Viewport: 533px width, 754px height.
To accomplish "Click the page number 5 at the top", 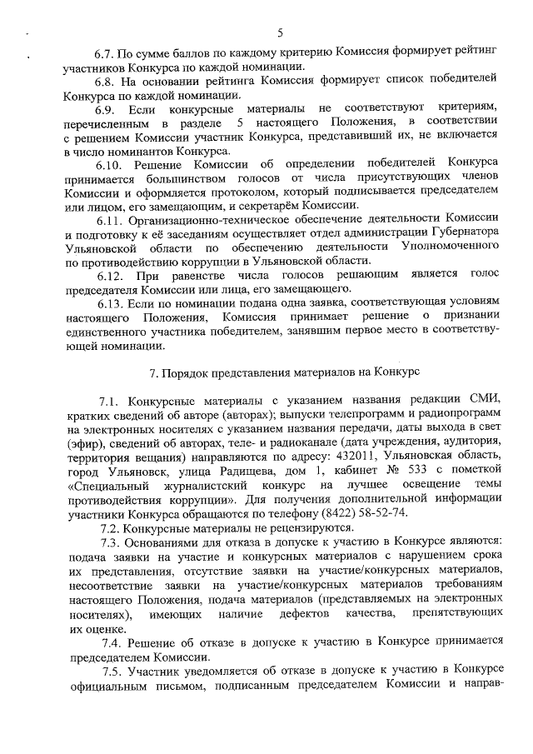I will pos(280,32).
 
